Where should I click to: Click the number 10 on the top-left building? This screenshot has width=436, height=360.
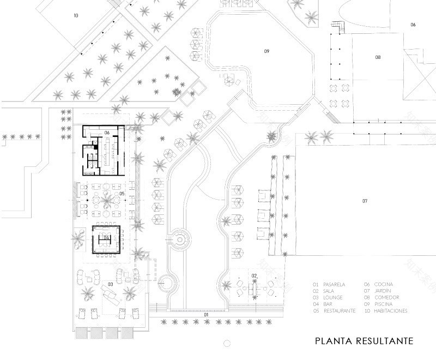76,16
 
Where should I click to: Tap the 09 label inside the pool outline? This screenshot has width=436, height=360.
267,51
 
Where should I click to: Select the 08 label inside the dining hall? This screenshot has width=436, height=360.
377,57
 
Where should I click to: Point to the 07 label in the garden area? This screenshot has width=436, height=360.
365,201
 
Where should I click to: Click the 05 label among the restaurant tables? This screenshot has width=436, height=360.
122,194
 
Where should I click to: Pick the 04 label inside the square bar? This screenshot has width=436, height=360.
107,238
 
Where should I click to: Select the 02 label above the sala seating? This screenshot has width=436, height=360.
254,275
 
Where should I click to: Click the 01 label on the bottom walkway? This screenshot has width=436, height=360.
207,315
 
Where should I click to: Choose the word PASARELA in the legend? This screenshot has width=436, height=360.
333,285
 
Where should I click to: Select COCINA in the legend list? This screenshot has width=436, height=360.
383,285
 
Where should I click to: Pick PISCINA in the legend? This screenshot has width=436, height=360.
383,304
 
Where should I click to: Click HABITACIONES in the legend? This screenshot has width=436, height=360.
391,310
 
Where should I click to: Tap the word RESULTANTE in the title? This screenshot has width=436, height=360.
386,342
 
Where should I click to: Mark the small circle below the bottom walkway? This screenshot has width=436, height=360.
226,343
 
